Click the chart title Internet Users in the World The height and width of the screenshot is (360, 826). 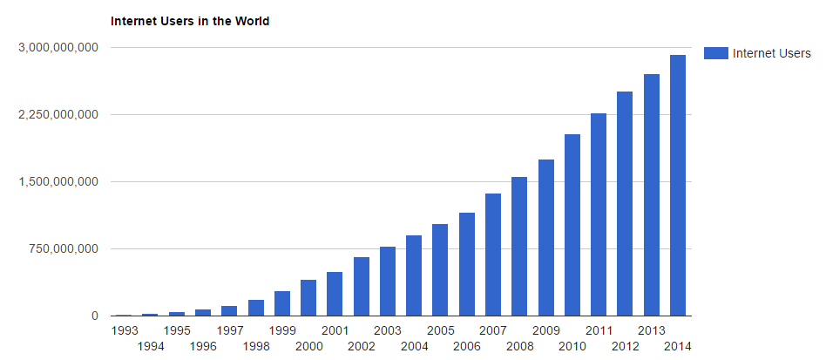click(190, 21)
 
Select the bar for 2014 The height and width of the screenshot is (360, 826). click(677, 185)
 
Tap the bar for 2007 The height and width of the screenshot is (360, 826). click(492, 255)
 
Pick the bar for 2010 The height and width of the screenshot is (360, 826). click(572, 225)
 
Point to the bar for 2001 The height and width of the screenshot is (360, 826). click(335, 294)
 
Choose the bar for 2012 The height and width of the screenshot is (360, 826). click(625, 203)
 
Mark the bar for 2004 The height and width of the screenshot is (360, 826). click(414, 275)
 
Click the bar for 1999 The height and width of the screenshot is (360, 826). click(282, 303)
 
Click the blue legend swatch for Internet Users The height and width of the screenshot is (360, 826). click(715, 53)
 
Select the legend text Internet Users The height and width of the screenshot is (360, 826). click(772, 53)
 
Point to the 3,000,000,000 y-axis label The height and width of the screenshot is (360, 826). click(58, 47)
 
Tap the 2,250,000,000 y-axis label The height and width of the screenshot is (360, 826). click(58, 114)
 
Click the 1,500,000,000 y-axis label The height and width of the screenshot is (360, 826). click(58, 181)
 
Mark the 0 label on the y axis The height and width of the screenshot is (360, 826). click(95, 316)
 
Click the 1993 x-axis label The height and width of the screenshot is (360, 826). click(125, 330)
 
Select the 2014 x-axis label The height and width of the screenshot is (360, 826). click(677, 346)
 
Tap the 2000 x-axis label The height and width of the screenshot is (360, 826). click(308, 346)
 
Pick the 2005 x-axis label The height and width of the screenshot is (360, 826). click(440, 330)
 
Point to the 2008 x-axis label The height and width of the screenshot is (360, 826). click(519, 346)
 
